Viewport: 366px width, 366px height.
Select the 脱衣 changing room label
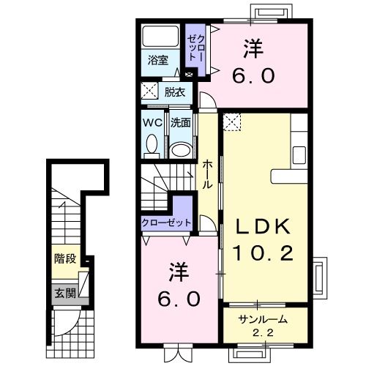(x=174, y=92)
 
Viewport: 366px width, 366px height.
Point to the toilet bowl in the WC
(x=152, y=147)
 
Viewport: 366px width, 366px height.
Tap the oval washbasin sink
(x=180, y=150)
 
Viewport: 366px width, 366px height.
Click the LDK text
(x=263, y=225)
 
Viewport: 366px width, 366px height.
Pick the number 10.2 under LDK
(x=263, y=253)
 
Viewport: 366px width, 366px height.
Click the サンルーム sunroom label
(x=261, y=318)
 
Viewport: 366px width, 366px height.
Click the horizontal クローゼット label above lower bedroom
(x=166, y=222)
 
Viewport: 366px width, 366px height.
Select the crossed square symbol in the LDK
(x=234, y=121)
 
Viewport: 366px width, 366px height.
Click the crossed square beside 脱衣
(x=149, y=92)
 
